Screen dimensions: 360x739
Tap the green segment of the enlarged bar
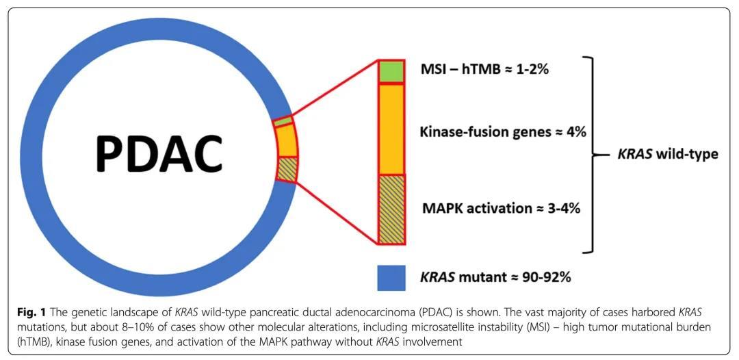click(391, 71)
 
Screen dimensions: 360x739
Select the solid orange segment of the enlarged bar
click(391, 128)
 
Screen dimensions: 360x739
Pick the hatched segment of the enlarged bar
click(391, 209)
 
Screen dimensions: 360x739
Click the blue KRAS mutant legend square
click(391, 278)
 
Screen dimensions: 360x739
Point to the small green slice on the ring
click(283, 122)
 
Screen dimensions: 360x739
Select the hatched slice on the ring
click(287, 169)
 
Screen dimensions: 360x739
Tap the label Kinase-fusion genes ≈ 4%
click(502, 132)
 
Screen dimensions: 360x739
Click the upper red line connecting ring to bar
click(335, 89)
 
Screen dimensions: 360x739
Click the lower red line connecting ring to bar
click(335, 212)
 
